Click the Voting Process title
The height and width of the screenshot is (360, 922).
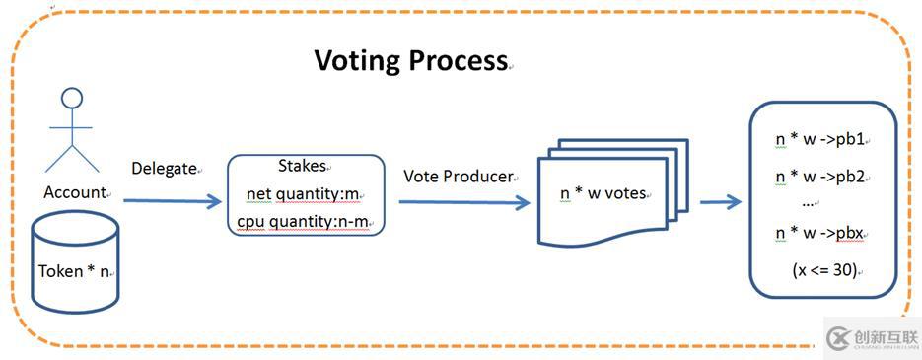pyautogui.click(x=410, y=60)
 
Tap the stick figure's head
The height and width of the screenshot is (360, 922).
pyautogui.click(x=72, y=99)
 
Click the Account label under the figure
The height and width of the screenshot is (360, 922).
pyautogui.click(x=75, y=192)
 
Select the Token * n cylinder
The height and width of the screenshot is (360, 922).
pyautogui.click(x=75, y=261)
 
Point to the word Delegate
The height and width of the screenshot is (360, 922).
pyautogui.click(x=164, y=169)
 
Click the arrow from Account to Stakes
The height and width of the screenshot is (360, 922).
pyautogui.click(x=173, y=201)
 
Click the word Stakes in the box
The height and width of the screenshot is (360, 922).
pyautogui.click(x=302, y=166)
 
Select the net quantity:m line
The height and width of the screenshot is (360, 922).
pyautogui.click(x=302, y=193)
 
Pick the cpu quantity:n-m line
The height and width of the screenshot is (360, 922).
pyautogui.click(x=302, y=221)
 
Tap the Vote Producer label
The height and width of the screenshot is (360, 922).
pyautogui.click(x=459, y=177)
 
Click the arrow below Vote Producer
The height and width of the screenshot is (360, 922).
pyautogui.click(x=464, y=202)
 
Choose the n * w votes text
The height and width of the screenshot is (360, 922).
pyautogui.click(x=603, y=192)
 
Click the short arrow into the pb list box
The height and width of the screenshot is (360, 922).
pyautogui.click(x=721, y=202)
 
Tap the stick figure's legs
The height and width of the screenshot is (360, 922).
pyautogui.click(x=72, y=158)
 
